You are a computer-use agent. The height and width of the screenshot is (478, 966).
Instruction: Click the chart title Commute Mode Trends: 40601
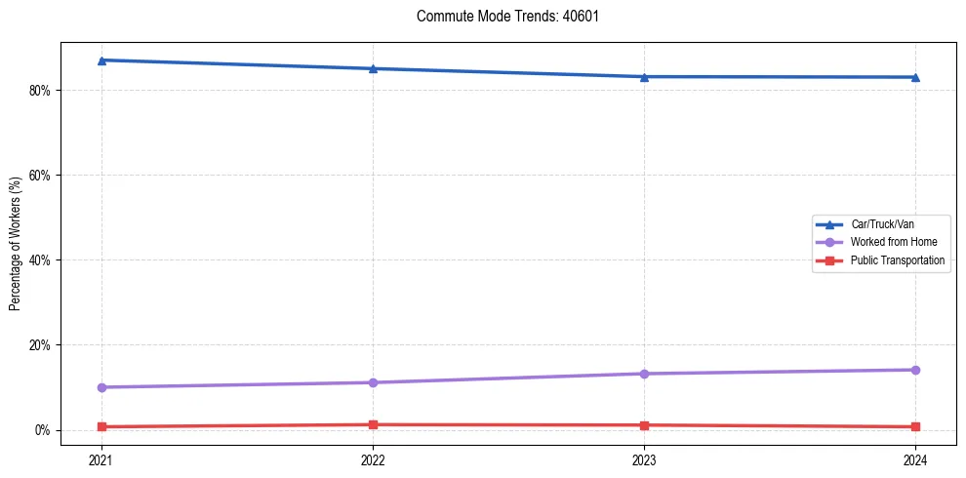501,17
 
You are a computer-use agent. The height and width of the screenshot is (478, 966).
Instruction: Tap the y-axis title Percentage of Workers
15,244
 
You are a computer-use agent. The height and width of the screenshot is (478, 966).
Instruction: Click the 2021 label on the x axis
101,459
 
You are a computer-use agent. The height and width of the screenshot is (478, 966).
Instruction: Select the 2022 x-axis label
373,459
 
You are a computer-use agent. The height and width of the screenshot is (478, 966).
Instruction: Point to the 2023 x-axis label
644,459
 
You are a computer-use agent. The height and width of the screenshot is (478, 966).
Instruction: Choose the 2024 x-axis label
915,459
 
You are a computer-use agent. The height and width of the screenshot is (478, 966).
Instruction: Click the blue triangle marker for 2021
101,60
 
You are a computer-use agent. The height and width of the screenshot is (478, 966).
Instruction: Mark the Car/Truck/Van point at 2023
644,77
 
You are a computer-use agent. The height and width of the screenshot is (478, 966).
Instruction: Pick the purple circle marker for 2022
373,382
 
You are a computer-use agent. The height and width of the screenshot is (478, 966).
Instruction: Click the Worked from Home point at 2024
915,370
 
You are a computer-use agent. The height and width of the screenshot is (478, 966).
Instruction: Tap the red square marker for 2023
644,425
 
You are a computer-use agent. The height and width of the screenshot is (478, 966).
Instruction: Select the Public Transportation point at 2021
101,426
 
